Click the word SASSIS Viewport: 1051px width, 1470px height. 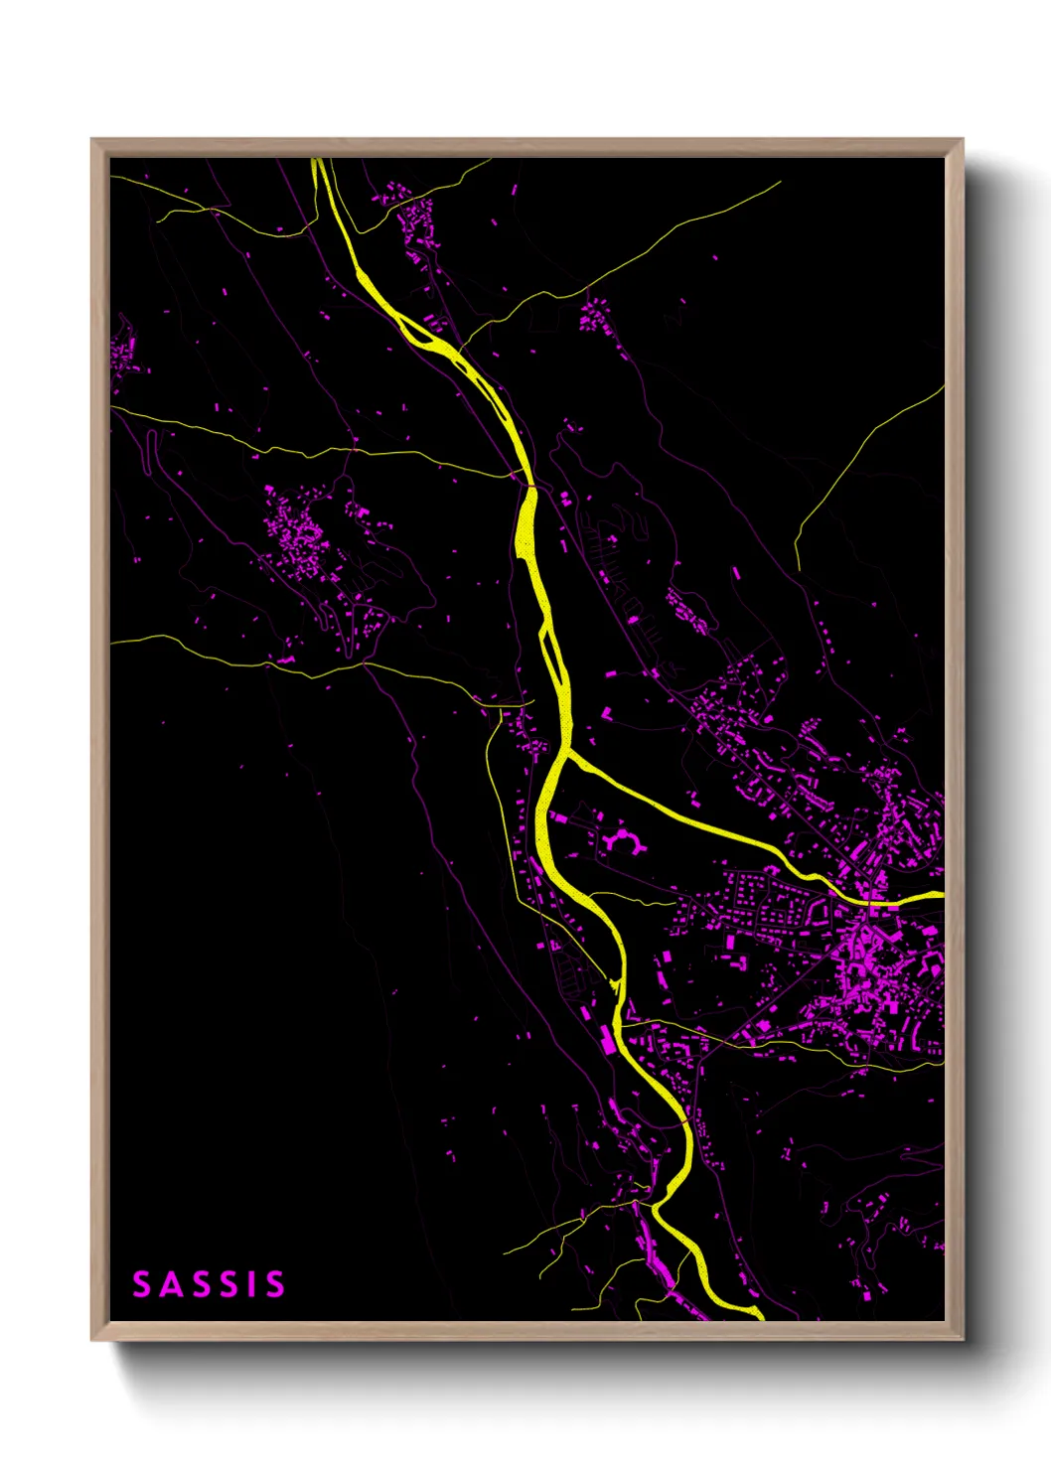209,1284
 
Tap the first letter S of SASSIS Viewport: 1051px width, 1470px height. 142,1284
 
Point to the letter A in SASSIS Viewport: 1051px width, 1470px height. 173,1284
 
